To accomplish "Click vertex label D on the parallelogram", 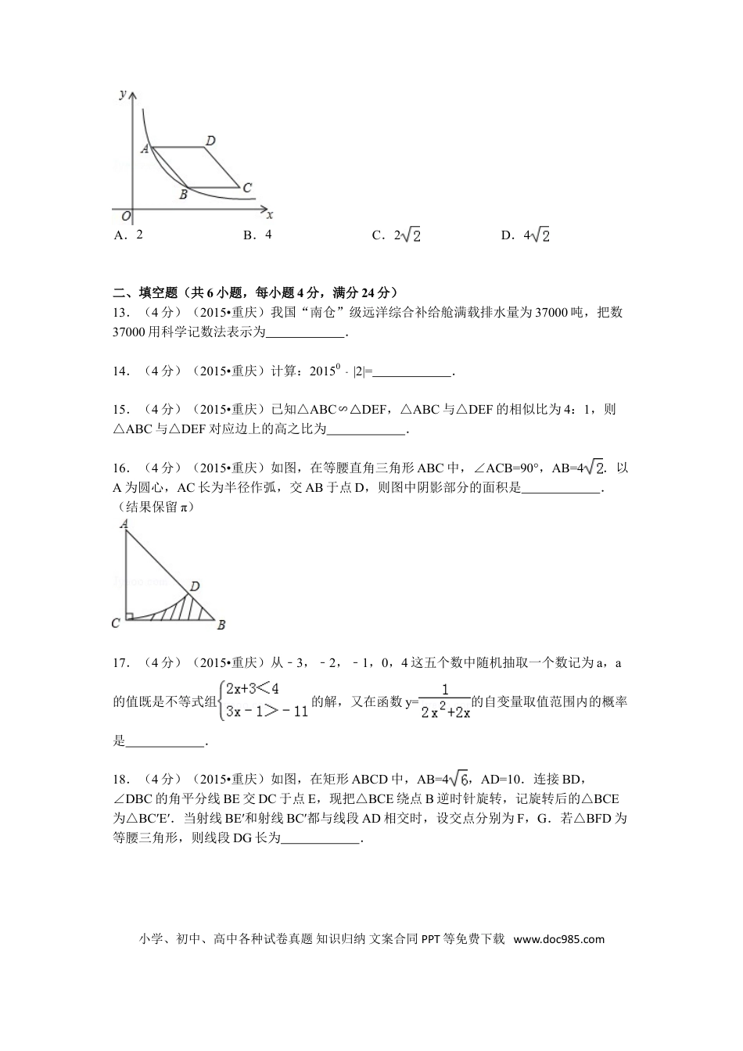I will click(210, 141).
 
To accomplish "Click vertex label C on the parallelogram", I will click(247, 188).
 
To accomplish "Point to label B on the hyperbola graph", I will click(183, 195).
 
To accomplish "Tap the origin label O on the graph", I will click(126, 215).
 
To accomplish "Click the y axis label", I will click(123, 95).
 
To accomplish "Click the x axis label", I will click(270, 214).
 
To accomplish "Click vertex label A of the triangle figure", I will click(124, 524).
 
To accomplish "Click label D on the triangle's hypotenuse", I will click(195, 586).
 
